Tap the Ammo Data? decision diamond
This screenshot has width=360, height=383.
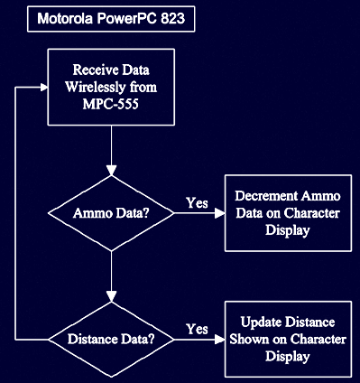coord(111,213)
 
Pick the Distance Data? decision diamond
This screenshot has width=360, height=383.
coord(111,340)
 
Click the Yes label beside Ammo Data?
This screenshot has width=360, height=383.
coord(197,202)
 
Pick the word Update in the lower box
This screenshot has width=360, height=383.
coord(262,322)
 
